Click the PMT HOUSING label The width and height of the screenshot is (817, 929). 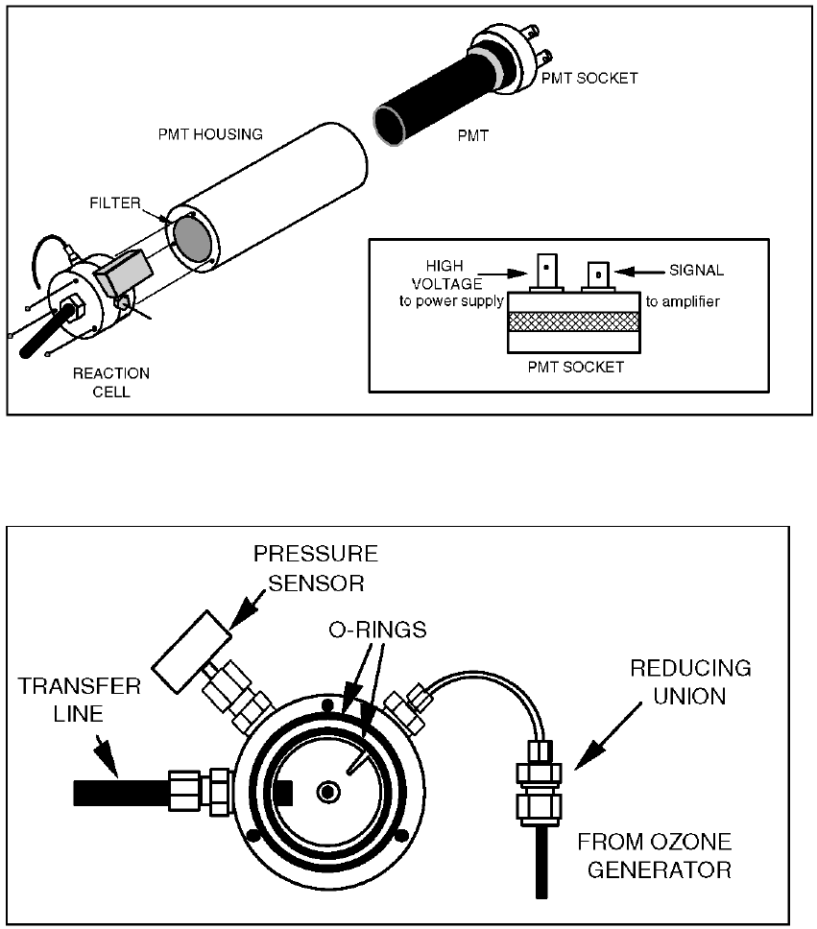pyautogui.click(x=210, y=134)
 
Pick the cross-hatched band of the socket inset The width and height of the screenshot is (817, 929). pyautogui.click(x=573, y=322)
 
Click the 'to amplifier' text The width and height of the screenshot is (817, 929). pyautogui.click(x=682, y=301)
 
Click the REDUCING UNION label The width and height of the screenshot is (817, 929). pyautogui.click(x=690, y=680)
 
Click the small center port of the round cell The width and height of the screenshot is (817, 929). pyautogui.click(x=329, y=791)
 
